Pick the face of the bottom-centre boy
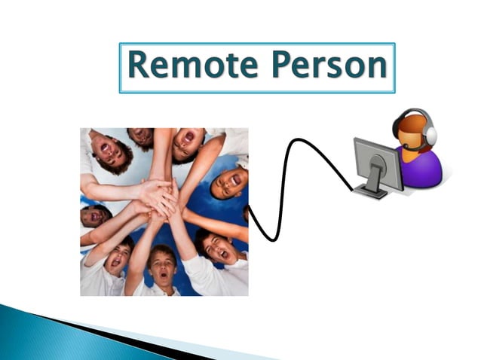(162, 263)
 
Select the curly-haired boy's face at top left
(110, 151)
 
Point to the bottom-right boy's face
(214, 249)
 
